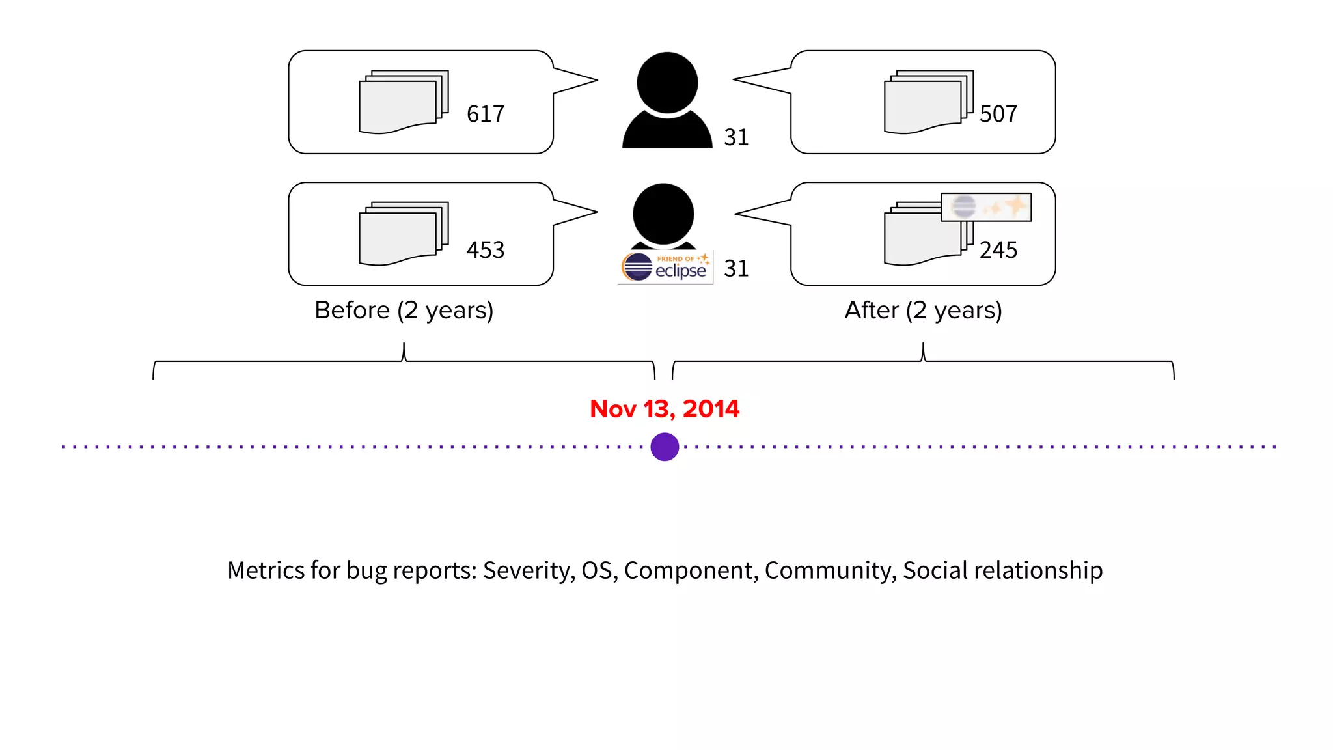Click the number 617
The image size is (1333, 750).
[486, 114]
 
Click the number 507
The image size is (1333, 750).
[998, 114]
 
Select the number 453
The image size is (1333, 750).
[486, 250]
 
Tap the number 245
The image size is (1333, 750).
[998, 250]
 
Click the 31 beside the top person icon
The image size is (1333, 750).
[736, 137]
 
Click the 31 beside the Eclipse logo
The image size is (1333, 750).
[736, 268]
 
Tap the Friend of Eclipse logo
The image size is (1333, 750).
[665, 267]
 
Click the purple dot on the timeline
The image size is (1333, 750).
[665, 447]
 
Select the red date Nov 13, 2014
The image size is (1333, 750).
[665, 409]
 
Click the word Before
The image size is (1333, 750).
[352, 311]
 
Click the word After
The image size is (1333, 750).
[872, 311]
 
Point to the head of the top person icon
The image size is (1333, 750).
[667, 83]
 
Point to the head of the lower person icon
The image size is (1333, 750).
[663, 214]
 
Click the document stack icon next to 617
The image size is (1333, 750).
[404, 102]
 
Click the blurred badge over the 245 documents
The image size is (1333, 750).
[986, 207]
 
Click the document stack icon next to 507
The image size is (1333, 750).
[928, 102]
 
